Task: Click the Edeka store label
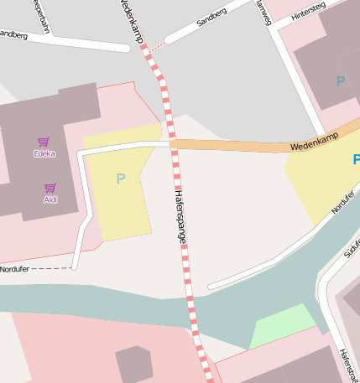44,153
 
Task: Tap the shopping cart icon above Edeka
43,142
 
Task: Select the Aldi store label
50,199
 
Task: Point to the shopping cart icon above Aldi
50,189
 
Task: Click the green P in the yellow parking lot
120,179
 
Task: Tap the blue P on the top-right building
340,81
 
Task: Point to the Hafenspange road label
180,216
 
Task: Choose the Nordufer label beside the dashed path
14,269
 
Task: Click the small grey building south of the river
134,363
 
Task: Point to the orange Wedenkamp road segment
235,146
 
